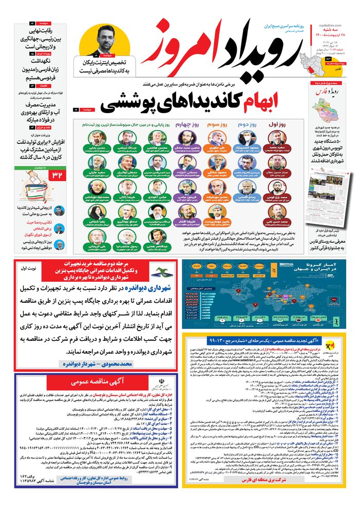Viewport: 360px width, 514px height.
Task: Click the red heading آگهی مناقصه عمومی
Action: pos(96,383)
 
